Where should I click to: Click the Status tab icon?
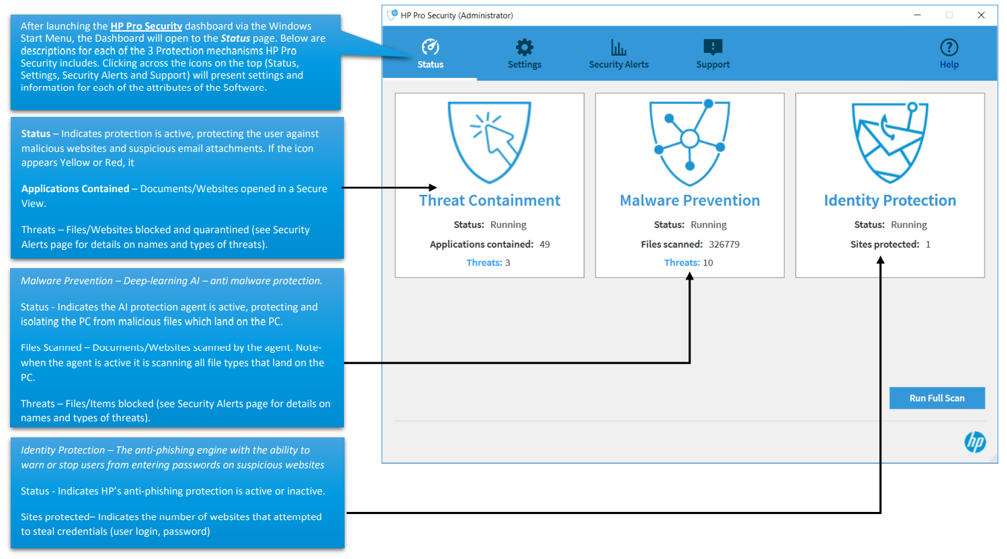(x=430, y=47)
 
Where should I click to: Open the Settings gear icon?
(x=524, y=47)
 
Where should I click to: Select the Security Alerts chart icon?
(x=618, y=47)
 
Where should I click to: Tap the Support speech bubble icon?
(x=713, y=47)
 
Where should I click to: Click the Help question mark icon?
(x=949, y=47)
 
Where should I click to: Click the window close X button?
(x=981, y=15)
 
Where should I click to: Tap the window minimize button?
(x=917, y=15)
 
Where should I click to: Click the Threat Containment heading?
(x=489, y=200)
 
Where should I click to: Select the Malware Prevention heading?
(x=689, y=200)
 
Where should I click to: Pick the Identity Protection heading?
(x=889, y=200)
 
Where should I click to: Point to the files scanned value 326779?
(x=724, y=245)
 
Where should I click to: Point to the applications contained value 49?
(x=545, y=245)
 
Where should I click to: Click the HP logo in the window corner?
(x=975, y=441)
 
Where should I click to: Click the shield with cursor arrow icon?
(x=489, y=141)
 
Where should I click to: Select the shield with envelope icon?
(x=889, y=141)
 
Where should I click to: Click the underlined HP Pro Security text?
(x=146, y=26)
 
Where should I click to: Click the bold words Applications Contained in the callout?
(x=75, y=189)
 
